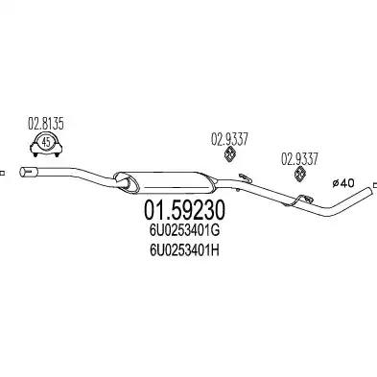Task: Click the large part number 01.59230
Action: pos(185,209)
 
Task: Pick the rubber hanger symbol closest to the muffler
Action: pos(230,155)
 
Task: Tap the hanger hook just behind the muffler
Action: pos(244,176)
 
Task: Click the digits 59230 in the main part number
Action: pos(198,209)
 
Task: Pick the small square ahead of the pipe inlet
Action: pos(3,173)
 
